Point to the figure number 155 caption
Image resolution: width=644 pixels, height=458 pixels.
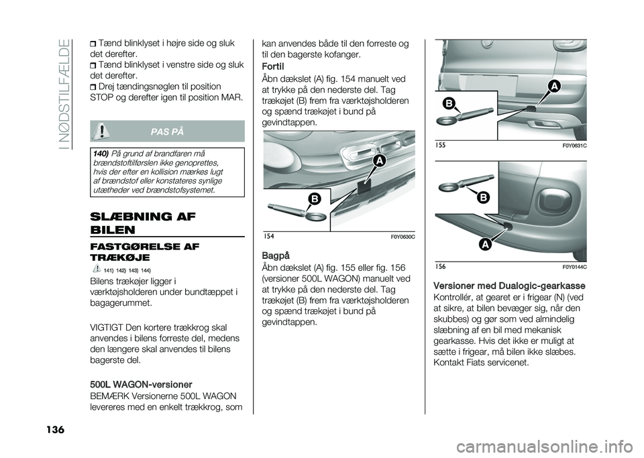pyautogui.click(x=439, y=145)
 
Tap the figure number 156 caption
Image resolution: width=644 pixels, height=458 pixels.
pyautogui.click(x=439, y=267)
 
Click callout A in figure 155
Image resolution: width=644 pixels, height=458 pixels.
pyautogui.click(x=553, y=87)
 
